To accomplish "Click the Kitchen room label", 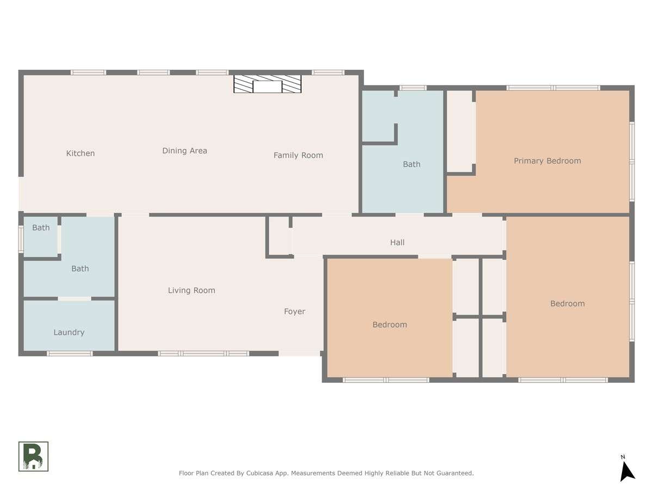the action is (81, 153).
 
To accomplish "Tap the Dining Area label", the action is (184, 151).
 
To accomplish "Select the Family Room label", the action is (298, 155).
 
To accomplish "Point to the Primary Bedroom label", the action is (547, 161).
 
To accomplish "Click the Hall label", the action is (397, 242).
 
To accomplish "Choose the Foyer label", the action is (294, 311).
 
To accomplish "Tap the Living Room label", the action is (192, 290).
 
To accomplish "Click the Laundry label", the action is (69, 332).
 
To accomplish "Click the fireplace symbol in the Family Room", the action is (267, 84).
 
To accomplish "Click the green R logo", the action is (33, 456).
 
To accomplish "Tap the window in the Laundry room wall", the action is (70, 354).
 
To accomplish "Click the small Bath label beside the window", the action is (41, 228).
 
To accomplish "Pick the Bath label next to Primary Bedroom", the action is (411, 164).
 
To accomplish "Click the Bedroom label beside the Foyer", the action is (390, 324).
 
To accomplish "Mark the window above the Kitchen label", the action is (88, 72).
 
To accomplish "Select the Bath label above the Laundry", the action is (80, 268).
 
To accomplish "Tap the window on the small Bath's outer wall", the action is (21, 240).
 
